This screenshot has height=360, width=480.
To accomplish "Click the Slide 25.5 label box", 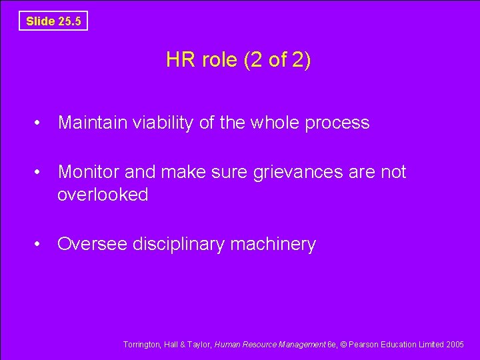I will coord(53,21).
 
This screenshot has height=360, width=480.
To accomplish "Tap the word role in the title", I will coord(218,61).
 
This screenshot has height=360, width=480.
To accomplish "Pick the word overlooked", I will coord(103,195).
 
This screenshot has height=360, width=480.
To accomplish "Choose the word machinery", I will coord(273,245).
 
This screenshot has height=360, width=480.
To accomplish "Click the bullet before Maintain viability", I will coord(41,123).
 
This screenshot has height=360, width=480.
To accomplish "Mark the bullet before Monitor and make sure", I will coord(41,173).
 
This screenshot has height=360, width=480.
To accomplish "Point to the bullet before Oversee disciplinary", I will coord(41,245).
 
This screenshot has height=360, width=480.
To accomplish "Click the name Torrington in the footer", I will coord(141,345).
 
